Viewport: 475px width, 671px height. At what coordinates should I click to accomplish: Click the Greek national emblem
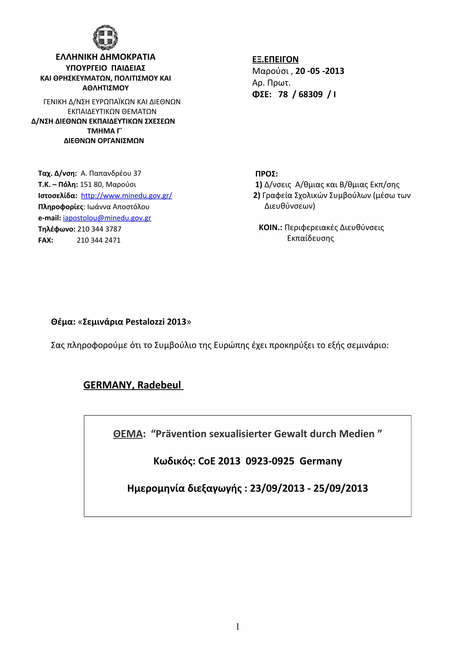coord(105,38)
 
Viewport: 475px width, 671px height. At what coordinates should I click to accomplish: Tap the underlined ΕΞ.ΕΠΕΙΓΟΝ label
coord(275,59)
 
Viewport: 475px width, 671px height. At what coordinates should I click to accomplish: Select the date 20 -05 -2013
coord(320,71)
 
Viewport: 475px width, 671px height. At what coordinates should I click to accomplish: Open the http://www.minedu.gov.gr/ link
coord(126,195)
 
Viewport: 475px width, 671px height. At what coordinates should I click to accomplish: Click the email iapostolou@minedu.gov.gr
coord(107,218)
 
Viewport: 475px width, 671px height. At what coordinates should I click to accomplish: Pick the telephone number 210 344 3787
coord(99,229)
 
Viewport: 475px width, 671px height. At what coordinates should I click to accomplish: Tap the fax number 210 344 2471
coord(99,240)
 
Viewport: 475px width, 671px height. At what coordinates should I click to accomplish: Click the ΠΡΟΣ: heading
coord(266,174)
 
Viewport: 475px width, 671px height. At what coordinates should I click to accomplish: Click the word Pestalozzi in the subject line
coord(145,322)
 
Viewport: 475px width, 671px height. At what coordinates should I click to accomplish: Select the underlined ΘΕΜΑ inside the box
coord(128,434)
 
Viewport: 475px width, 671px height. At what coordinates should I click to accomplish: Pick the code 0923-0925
coord(270,461)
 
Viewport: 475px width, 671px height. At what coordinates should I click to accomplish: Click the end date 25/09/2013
coord(340,488)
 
